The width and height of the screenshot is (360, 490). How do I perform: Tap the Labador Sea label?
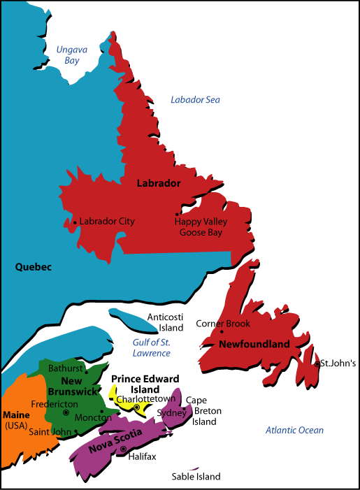(x=195, y=100)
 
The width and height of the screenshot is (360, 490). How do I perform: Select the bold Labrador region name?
(x=159, y=183)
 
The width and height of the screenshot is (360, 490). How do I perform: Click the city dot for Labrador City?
(x=75, y=222)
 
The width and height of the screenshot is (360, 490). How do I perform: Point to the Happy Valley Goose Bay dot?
(x=178, y=215)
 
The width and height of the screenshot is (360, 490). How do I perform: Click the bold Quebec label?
(x=33, y=266)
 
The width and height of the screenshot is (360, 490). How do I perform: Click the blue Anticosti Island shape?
(x=129, y=319)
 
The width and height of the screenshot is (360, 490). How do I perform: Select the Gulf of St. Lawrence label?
(x=152, y=347)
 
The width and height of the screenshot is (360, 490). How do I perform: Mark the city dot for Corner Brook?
(x=222, y=332)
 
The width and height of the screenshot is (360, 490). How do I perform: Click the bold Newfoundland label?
(x=254, y=345)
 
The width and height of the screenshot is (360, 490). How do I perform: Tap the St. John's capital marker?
(x=317, y=363)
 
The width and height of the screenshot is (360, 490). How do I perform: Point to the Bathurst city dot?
(x=86, y=372)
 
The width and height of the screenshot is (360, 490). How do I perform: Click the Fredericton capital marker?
(x=66, y=412)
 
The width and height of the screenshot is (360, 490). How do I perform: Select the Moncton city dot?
(x=101, y=411)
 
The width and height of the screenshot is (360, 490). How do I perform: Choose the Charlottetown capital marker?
(x=137, y=407)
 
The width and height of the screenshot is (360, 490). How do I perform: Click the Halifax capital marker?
(x=123, y=449)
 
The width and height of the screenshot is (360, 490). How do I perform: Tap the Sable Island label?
(x=196, y=477)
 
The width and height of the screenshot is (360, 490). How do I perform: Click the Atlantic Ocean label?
(x=294, y=430)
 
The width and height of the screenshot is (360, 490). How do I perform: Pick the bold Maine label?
(x=16, y=414)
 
